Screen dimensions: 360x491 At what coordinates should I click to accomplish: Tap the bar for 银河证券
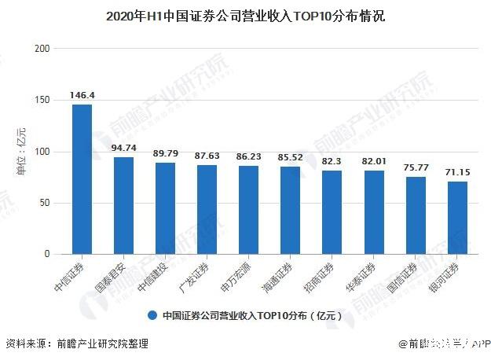click(457, 218)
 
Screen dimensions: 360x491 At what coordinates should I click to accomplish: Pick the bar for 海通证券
click(290, 211)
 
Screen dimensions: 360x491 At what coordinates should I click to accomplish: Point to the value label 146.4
click(82, 95)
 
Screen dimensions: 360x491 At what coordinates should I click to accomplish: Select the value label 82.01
click(373, 161)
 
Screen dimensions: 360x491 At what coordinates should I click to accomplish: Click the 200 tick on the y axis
click(42, 49)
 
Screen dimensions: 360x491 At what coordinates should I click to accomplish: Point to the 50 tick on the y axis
click(45, 203)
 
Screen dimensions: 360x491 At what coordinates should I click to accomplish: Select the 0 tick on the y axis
click(47, 255)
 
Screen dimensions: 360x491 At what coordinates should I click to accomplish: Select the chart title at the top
click(245, 15)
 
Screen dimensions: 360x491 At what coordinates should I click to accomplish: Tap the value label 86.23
click(248, 156)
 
